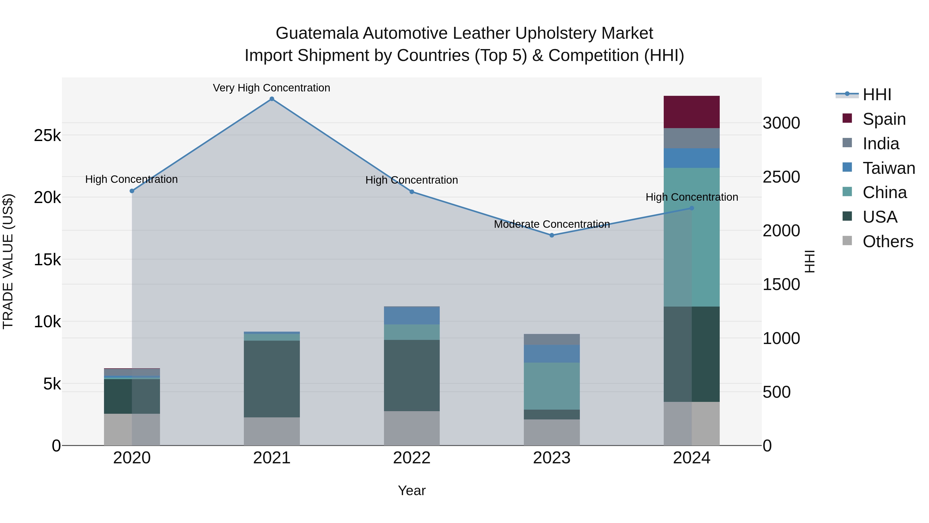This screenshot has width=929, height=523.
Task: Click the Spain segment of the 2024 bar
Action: [691, 112]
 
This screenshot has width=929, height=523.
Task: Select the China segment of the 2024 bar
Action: [691, 237]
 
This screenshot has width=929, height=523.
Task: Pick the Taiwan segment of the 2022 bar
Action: [412, 315]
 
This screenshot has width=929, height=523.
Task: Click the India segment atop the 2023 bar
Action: [551, 339]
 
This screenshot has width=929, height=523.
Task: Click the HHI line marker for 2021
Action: [272, 99]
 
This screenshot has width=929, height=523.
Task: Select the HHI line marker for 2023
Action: [551, 235]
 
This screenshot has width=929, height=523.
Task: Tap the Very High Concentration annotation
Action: [271, 88]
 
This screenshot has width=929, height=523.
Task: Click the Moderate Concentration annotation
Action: [551, 224]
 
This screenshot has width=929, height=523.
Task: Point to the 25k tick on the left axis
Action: [47, 136]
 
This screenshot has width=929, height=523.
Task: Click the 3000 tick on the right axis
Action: [781, 123]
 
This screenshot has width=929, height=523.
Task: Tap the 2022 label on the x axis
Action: [412, 458]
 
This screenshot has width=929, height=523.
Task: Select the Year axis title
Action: [412, 490]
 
